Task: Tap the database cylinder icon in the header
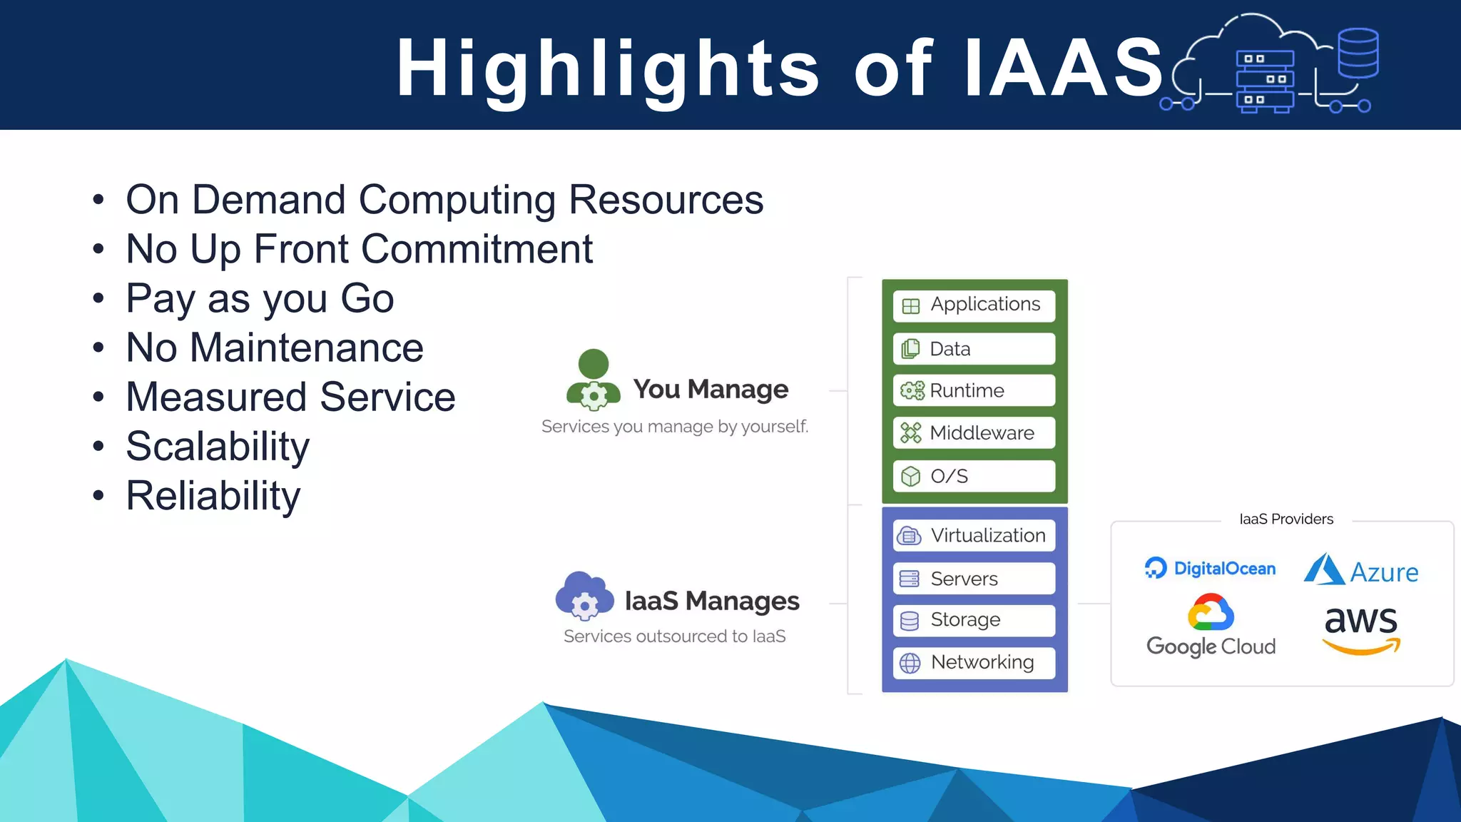(x=1358, y=53)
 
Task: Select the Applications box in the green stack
(x=974, y=305)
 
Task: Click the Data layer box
(x=974, y=349)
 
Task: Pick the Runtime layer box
(x=974, y=391)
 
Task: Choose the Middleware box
(x=974, y=433)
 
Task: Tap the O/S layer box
(x=974, y=476)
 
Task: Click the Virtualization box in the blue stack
(x=974, y=536)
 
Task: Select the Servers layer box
(x=974, y=579)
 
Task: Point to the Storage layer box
(x=974, y=620)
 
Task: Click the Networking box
(x=974, y=663)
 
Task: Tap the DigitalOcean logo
(x=1210, y=569)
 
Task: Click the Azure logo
(x=1361, y=571)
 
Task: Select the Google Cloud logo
(x=1211, y=626)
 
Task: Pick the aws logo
(x=1360, y=629)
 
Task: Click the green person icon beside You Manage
(x=594, y=380)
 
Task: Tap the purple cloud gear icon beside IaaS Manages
(x=584, y=597)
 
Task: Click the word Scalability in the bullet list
(x=218, y=447)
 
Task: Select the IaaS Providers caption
(x=1286, y=519)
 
